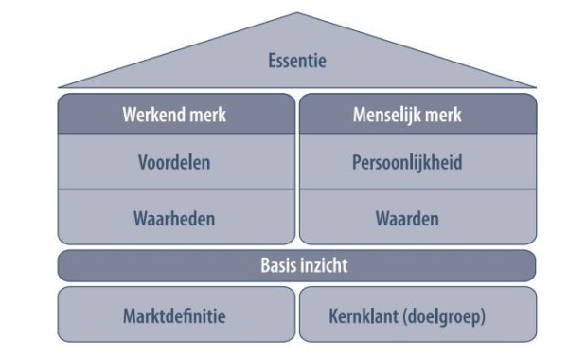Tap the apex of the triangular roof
click(x=297, y=13)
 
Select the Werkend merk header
click(x=175, y=115)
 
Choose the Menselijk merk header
click(x=418, y=115)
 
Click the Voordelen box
click(x=175, y=161)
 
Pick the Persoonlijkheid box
click(x=418, y=161)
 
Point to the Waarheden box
click(x=175, y=218)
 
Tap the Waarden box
click(x=418, y=218)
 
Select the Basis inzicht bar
click(x=297, y=265)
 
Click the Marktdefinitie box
click(x=175, y=315)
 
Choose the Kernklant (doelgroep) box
click(x=418, y=315)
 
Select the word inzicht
click(x=322, y=265)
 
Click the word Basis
click(x=277, y=265)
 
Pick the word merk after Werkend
click(x=208, y=115)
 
